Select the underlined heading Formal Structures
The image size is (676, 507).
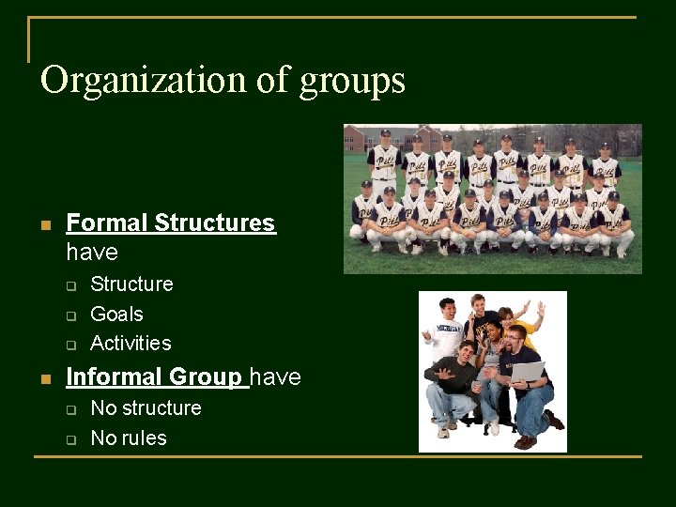[x=171, y=223]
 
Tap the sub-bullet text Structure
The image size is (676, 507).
[x=131, y=284]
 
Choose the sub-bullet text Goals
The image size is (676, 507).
[x=116, y=314]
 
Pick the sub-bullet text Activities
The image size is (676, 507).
[x=131, y=343]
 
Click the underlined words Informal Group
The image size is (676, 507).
[x=154, y=377]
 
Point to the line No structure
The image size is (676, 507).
[x=146, y=408]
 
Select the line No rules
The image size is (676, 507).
[x=128, y=438]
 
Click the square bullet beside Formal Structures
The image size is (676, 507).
[x=45, y=225]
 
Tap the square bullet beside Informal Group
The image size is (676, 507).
[x=45, y=379]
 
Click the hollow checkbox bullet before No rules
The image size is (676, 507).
[x=69, y=439]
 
